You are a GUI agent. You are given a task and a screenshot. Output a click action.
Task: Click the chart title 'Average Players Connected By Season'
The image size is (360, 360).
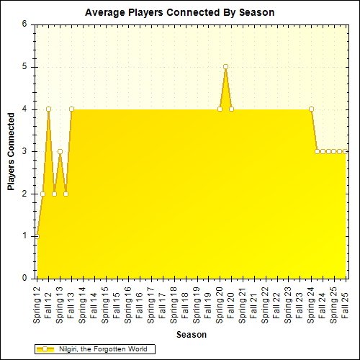(179, 12)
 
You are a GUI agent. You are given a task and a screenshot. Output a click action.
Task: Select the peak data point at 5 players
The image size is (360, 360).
(225, 66)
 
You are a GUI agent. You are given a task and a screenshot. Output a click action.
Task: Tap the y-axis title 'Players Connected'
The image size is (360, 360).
(12, 151)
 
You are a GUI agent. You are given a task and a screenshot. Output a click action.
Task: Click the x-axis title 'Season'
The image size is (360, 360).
(192, 335)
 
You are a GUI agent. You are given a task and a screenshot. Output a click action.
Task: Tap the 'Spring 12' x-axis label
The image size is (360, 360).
(37, 302)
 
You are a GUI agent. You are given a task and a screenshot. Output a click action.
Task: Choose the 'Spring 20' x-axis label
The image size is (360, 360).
(220, 302)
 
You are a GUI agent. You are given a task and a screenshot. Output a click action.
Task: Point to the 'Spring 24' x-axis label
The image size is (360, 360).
(311, 302)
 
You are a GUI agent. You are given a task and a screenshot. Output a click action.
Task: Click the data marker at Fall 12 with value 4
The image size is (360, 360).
(48, 109)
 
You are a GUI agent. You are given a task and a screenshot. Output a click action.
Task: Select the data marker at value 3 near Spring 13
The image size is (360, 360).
(60, 151)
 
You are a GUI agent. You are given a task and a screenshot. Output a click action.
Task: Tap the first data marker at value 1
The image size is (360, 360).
(37, 235)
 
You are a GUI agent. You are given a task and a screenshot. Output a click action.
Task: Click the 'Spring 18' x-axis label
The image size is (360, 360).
(174, 302)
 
